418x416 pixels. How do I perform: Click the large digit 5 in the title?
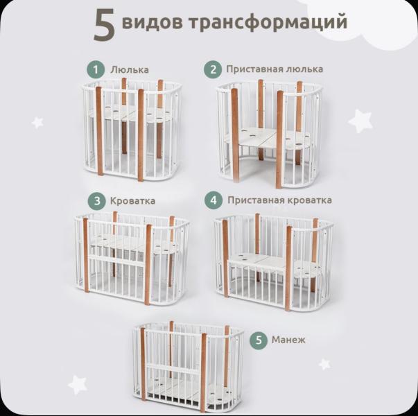pos(104,24)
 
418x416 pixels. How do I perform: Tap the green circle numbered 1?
pos(95,69)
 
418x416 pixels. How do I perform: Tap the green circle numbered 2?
pos(212,69)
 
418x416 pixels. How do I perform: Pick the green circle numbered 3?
pos(95,201)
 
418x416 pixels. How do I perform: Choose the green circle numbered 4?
pos(214,200)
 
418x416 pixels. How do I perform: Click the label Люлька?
pos(129,69)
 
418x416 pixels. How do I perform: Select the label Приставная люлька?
pos(274,69)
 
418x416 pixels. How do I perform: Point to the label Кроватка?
pos(132,201)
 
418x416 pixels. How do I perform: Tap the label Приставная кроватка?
pos(279,200)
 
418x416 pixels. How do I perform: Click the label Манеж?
pos(288,340)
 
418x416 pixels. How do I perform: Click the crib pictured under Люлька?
pos(132,130)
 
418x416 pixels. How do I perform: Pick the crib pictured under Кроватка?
pos(132,260)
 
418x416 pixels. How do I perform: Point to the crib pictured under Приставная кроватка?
pos(275,260)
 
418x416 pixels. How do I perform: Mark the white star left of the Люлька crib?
pos(37,122)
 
